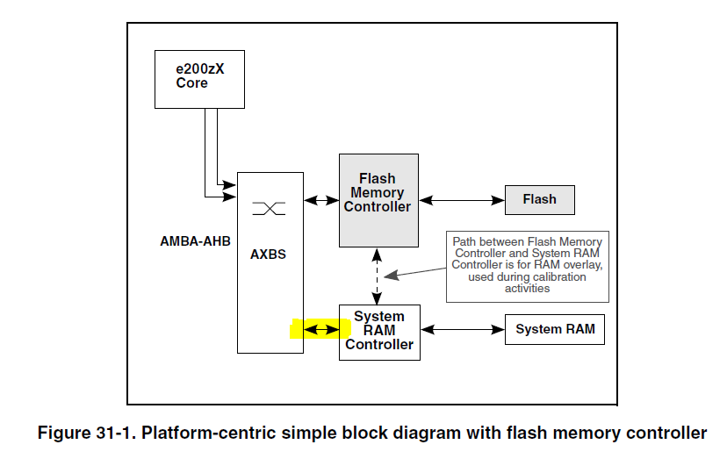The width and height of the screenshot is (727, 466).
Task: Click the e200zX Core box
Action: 198,79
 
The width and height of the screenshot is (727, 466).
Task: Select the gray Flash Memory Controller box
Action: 378,200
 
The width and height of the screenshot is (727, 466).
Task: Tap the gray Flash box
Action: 539,200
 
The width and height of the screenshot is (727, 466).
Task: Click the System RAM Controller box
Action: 379,331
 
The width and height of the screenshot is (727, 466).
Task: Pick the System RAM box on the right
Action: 554,330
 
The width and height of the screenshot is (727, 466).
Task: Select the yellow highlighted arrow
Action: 320,330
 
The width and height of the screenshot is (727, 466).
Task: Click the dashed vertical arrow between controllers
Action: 378,276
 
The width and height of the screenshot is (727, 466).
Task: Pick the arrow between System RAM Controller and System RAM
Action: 463,330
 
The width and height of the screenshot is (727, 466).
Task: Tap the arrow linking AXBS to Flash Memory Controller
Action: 321,201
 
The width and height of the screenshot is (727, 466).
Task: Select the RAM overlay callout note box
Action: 527,265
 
